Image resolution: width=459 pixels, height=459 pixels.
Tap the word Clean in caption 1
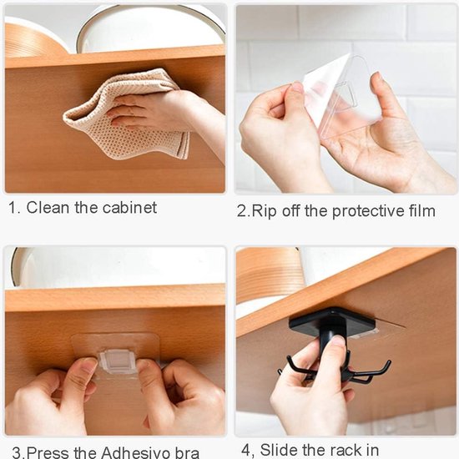point(50,208)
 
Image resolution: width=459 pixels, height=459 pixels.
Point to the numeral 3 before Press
point(10,452)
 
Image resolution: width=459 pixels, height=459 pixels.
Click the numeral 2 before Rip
point(242,210)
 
